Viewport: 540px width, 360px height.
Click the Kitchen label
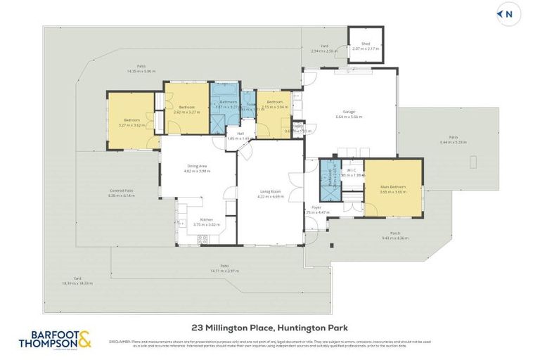(206, 220)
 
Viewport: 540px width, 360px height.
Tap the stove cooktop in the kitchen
(203, 238)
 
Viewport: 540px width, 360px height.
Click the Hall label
(240, 134)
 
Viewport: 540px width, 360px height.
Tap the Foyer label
(316, 208)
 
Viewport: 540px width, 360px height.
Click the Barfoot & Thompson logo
(55, 340)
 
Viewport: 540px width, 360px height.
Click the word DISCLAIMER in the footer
(120, 341)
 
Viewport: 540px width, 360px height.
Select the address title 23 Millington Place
(269, 327)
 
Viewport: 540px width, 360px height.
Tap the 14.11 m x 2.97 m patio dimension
(224, 270)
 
